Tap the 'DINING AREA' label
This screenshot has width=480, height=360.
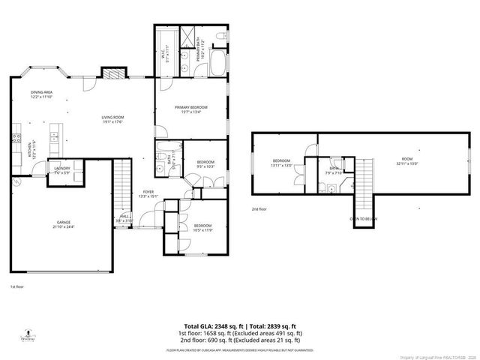41,92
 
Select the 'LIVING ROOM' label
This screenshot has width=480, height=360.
113,117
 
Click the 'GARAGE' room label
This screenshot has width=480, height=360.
63,223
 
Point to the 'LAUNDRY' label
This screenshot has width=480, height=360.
62,169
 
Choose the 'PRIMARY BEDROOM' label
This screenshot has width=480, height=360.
191,107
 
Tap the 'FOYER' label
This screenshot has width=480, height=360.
148,192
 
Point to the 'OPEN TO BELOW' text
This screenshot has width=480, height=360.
364,219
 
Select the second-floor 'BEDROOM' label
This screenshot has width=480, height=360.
281,160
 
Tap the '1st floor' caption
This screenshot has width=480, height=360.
16,286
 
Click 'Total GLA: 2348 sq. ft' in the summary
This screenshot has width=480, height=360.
198,325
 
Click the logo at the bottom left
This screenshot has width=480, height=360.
28,333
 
